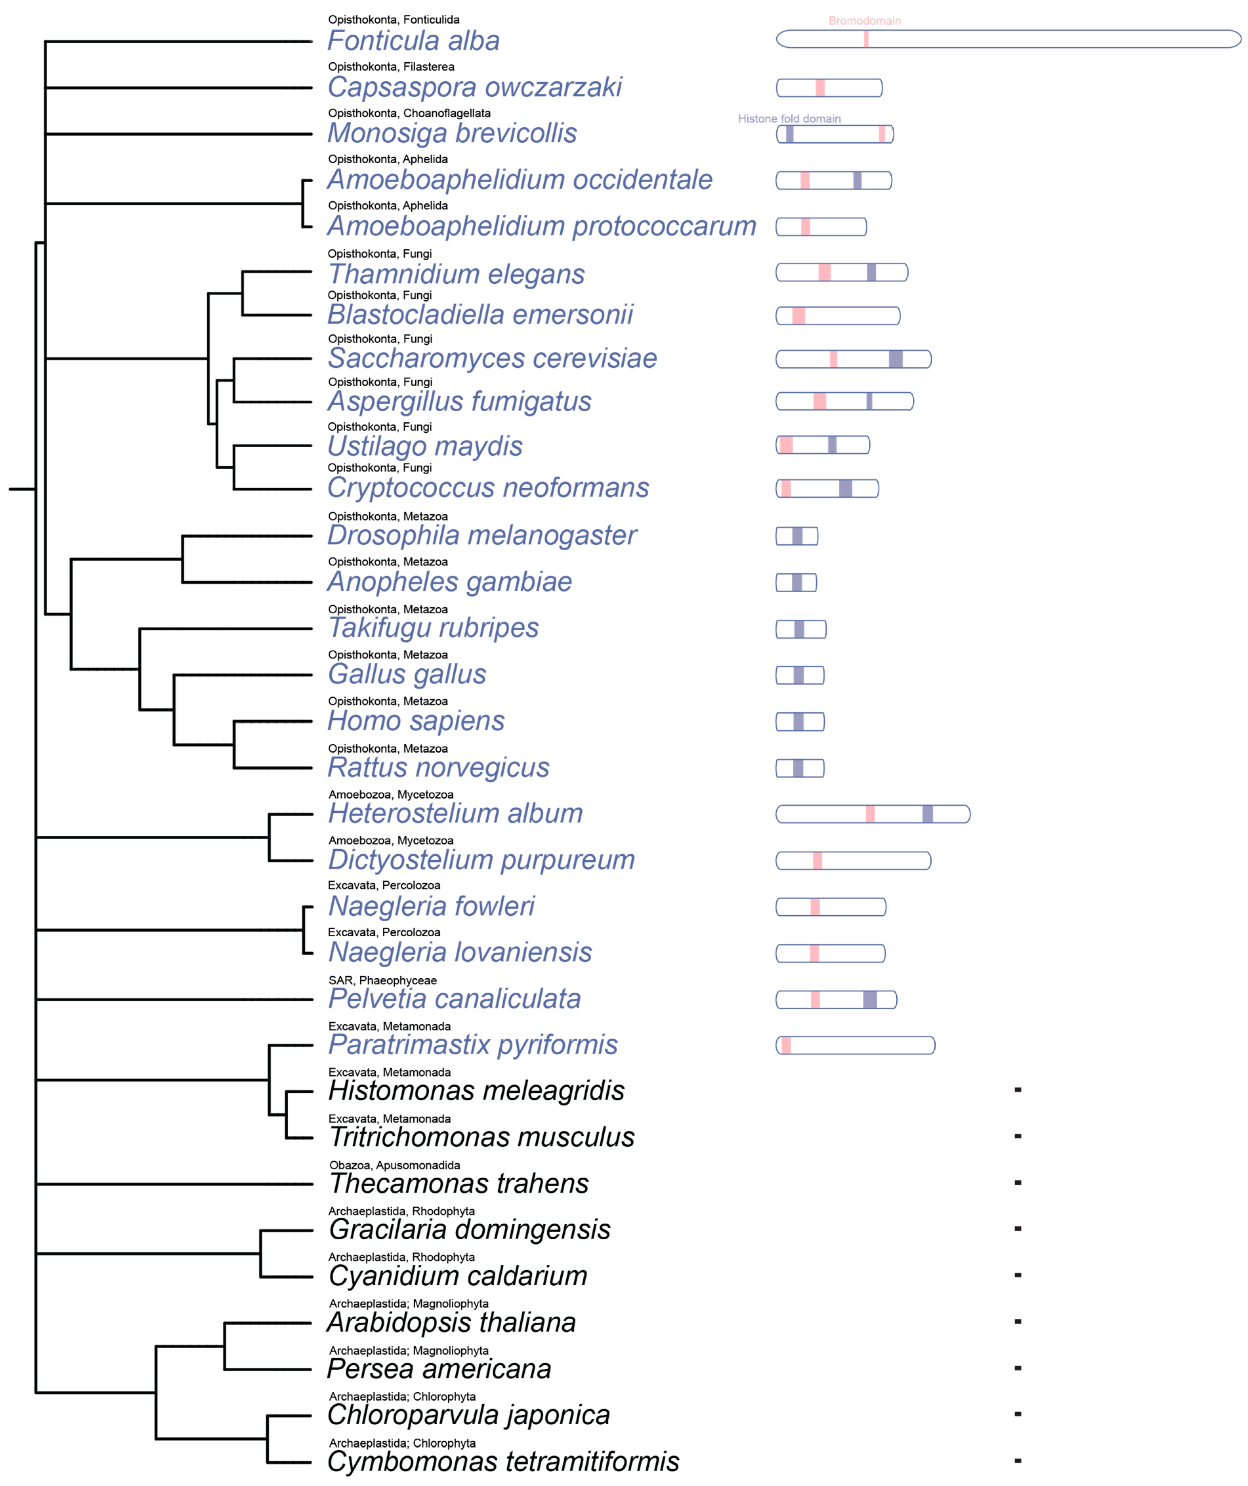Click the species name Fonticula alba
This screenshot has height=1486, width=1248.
pos(413,41)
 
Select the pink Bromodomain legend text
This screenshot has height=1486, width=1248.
pos(864,21)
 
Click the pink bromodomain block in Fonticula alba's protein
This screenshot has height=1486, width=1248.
pos(866,39)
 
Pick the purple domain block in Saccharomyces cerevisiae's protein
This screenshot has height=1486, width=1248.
pos(895,359)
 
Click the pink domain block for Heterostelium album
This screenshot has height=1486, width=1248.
pos(870,814)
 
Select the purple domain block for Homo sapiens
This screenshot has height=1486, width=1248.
pos(799,722)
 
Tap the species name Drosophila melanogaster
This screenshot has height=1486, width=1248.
pos(481,536)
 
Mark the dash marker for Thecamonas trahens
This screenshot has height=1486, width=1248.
pos(1017,1182)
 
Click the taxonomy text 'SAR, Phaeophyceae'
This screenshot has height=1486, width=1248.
pos(382,980)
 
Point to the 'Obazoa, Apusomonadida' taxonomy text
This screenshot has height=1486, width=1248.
pos(394,1165)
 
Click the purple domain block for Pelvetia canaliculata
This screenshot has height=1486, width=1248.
pos(870,999)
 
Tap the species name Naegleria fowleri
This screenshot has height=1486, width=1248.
pos(431,906)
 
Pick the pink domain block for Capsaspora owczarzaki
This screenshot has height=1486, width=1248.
pos(820,88)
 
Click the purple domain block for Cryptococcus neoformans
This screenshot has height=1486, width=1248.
pos(845,488)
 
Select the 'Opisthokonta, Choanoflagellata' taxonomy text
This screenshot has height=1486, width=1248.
pos(409,113)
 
